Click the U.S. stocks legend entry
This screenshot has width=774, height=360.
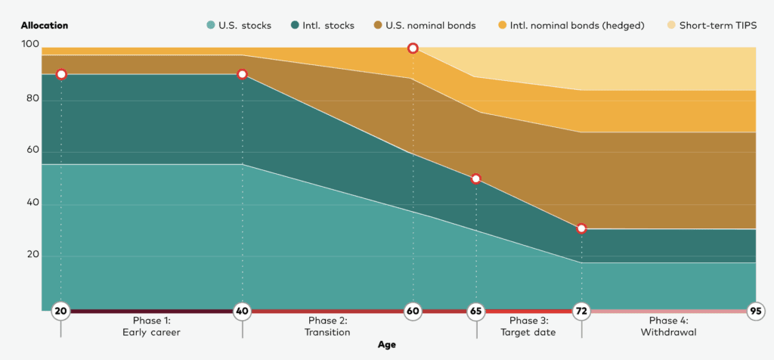pos(239,26)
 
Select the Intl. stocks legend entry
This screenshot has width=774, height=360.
pos(323,26)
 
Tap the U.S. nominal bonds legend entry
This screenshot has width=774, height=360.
pos(425,26)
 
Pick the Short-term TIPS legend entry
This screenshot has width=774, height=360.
pos(713,26)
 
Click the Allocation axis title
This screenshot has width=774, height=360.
pos(45,26)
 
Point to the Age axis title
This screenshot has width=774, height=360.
pos(387,345)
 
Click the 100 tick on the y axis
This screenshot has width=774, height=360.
pos(29,45)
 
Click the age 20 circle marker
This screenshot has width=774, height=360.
pos(60,312)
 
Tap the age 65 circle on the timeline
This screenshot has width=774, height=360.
pos(476,312)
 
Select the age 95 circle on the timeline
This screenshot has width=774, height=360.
pos(755,312)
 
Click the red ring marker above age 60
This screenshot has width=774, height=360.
pos(413,48)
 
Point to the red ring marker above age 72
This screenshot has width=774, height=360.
pos(581,228)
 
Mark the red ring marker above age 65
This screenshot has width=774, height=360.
pos(476,178)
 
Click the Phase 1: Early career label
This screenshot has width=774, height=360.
pos(151,327)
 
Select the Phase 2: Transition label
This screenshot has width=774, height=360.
pos(328,327)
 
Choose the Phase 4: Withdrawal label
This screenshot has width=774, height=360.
pos(668,327)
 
